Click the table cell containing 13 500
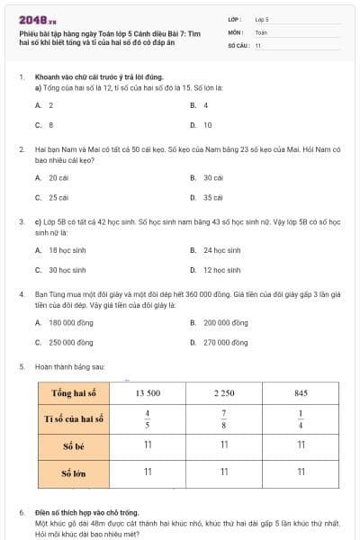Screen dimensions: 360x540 coord(148,393)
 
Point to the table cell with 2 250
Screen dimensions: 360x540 coord(225,393)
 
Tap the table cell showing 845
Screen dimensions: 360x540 coord(302,393)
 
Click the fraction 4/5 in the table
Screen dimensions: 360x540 coord(148,419)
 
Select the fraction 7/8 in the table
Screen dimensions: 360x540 coord(225,419)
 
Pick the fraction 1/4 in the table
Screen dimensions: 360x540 coord(302,419)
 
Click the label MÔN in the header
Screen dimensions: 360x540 coord(235,31)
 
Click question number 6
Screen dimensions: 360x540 coord(22,512)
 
